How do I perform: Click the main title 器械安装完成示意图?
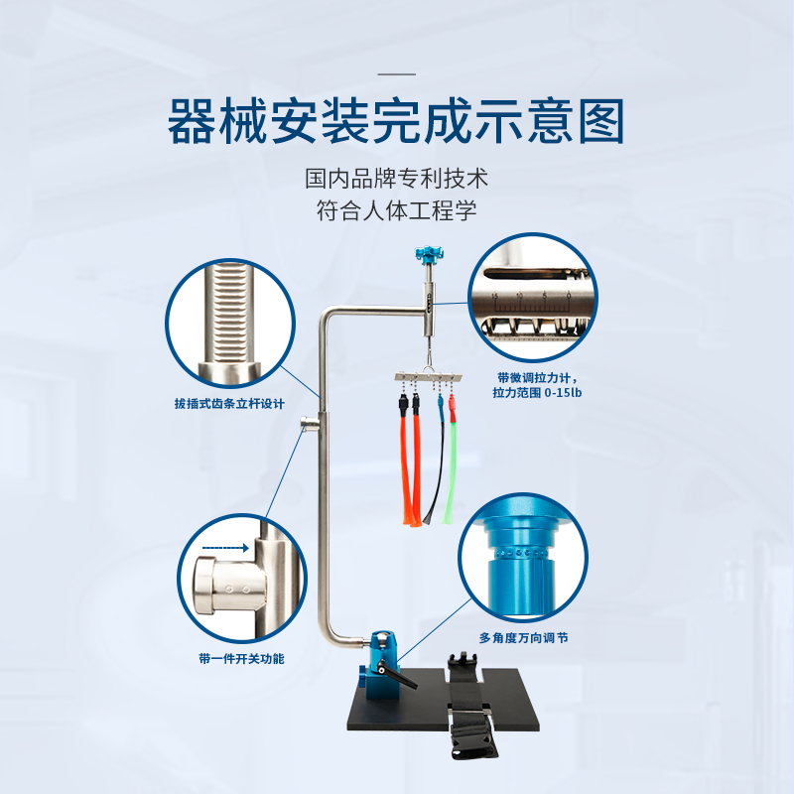pyautogui.click(x=396, y=121)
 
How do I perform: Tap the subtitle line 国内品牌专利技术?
pyautogui.click(x=396, y=179)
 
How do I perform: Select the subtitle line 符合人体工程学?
pyautogui.click(x=396, y=210)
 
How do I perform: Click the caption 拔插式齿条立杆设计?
pyautogui.click(x=229, y=404)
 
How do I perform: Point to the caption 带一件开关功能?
pyautogui.click(x=241, y=658)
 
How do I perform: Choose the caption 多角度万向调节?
pyautogui.click(x=524, y=637)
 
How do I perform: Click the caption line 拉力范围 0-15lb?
pyautogui.click(x=537, y=392)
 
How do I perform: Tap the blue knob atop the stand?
pyautogui.click(x=430, y=254)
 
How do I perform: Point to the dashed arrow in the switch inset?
pyautogui.click(x=225, y=548)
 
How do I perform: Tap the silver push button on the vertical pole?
pyautogui.click(x=309, y=422)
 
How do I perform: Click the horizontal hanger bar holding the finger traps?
pyautogui.click(x=429, y=377)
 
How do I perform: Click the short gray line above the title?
pyautogui.click(x=396, y=73)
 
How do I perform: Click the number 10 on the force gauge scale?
pyautogui.click(x=519, y=295)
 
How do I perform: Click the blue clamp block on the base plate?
pyautogui.click(x=384, y=664)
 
